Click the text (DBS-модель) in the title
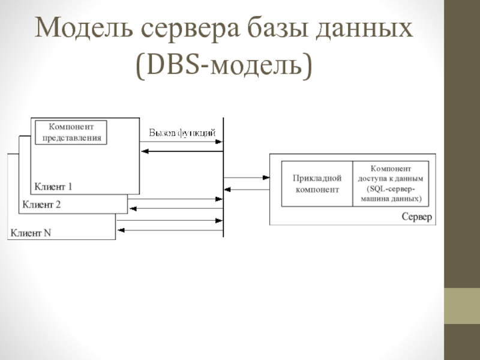[x=224, y=65]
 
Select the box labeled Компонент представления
[x=71, y=133]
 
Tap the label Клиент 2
[x=41, y=205]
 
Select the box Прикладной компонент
[x=317, y=184]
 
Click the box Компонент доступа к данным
[x=391, y=184]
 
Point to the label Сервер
[x=416, y=217]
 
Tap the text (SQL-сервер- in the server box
[x=391, y=188]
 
